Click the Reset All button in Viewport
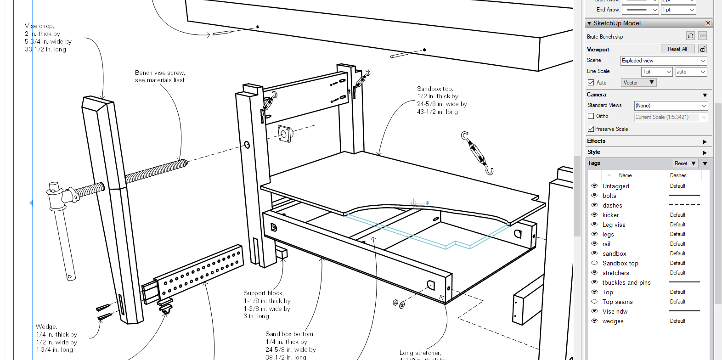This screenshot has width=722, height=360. pos(677,49)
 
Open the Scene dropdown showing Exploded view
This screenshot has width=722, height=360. pos(663,61)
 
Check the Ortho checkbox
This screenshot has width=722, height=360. pos(591,116)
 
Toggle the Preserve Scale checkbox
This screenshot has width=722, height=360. pos(591,129)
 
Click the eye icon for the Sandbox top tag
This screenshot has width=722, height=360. pos(594,263)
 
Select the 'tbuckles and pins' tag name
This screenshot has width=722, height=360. pos(626,283)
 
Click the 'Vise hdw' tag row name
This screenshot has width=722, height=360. pos(615,311)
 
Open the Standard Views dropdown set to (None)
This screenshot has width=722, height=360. pos(671,106)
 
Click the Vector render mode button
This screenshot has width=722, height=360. pos(638,83)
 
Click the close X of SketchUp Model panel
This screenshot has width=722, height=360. pos(708,23)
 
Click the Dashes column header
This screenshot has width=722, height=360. pos(678,175)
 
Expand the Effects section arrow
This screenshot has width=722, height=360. pos(705,141)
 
